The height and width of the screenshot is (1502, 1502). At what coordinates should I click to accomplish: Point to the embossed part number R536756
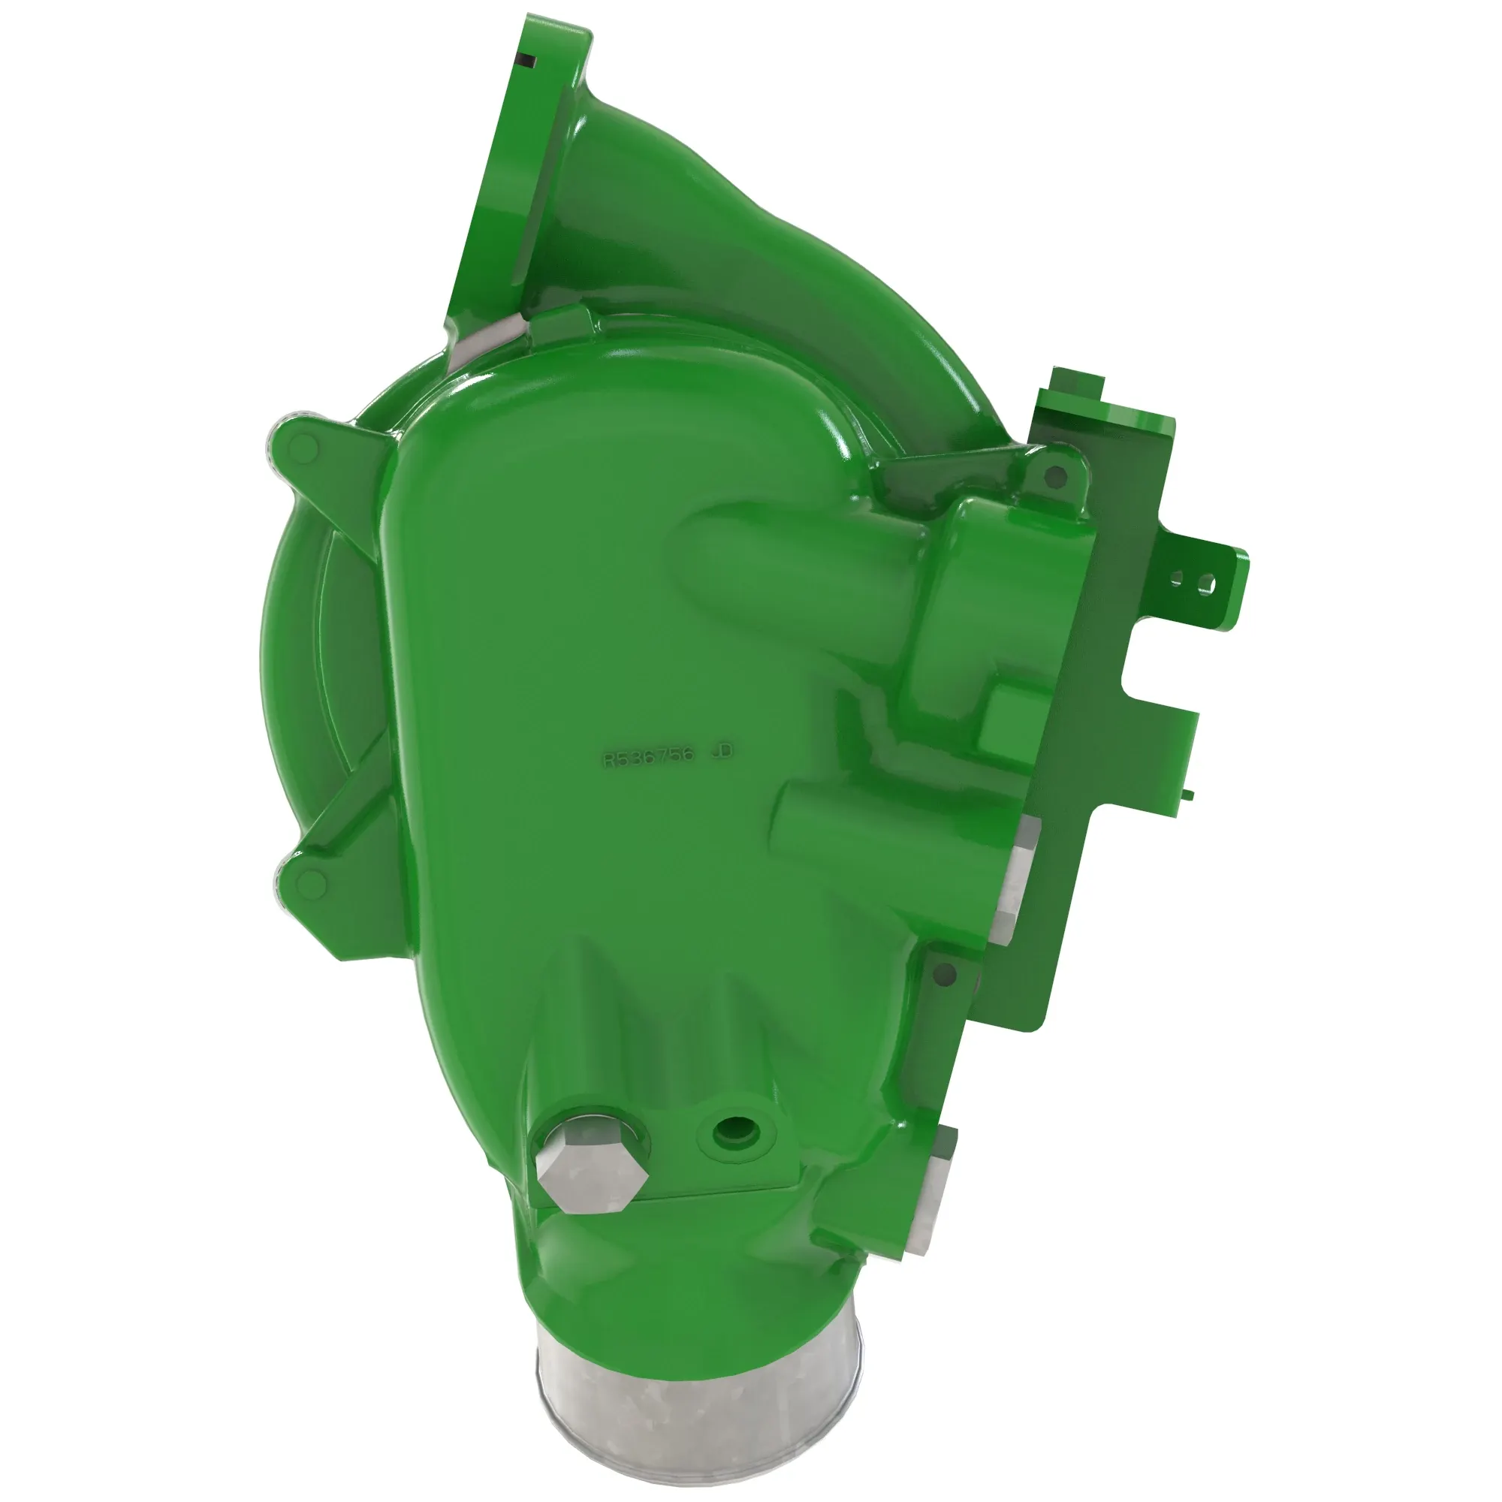point(649,758)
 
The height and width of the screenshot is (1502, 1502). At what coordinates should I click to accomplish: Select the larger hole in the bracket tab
point(1206,581)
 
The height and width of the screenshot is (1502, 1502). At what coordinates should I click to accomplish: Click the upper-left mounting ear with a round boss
point(303,446)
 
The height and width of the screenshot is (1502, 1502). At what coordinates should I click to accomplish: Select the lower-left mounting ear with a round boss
point(311,881)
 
